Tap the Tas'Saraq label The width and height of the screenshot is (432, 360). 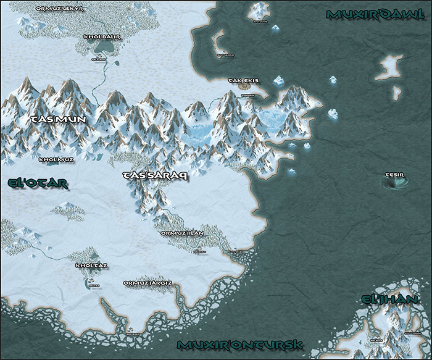(x=156, y=175)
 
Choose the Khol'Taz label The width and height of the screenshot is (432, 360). (x=91, y=266)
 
